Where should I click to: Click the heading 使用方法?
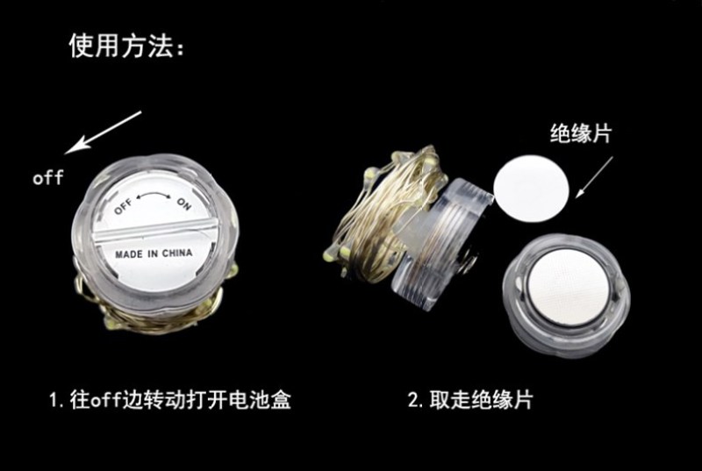121,46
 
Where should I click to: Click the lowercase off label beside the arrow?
48,177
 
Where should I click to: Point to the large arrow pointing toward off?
103,132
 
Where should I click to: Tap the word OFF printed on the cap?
123,206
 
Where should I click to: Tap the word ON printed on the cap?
184,203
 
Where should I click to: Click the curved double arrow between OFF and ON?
153,195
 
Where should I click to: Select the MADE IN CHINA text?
154,254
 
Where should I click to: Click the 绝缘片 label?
581,132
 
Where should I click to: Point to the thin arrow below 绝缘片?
594,176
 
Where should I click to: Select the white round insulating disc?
531,189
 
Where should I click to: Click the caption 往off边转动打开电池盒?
181,399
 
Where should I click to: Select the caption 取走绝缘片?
481,399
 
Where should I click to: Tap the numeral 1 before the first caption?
54,399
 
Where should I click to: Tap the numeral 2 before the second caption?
413,399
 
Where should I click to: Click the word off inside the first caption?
106,399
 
